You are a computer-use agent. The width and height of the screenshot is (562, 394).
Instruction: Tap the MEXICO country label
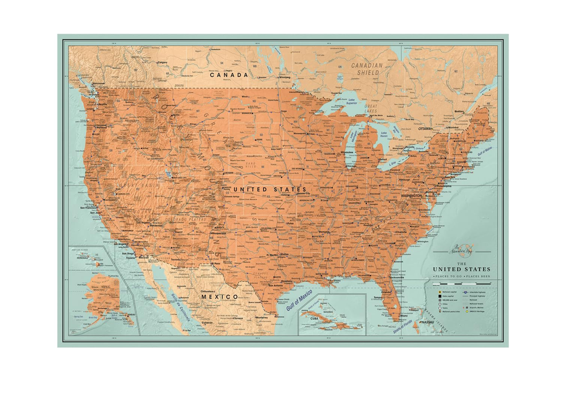click(220, 297)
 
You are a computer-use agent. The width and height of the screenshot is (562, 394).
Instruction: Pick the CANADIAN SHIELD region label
click(366, 69)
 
